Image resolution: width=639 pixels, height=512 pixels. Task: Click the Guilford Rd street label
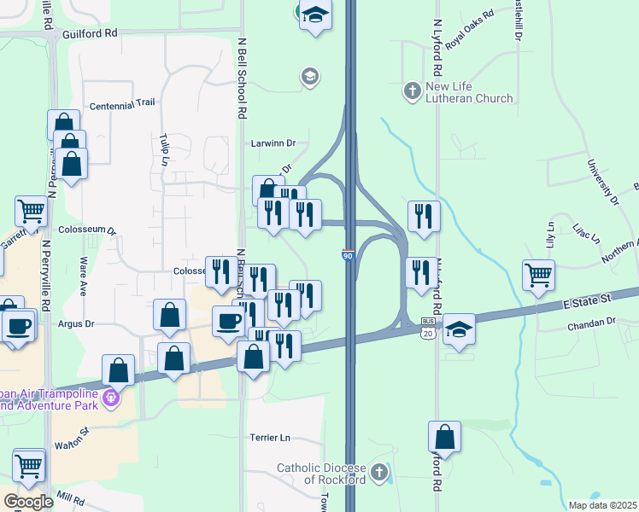(x=89, y=34)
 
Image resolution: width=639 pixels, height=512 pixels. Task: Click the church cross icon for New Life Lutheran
(x=412, y=89)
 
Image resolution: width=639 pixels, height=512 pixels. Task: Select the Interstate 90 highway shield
(x=348, y=254)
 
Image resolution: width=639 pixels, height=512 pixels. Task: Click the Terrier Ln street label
(x=270, y=438)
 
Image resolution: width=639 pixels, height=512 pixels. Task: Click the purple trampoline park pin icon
(x=109, y=398)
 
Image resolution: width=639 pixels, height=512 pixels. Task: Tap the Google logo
(x=28, y=502)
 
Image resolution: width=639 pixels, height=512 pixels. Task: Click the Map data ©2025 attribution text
(x=602, y=505)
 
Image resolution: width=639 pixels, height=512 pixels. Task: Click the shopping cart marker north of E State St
(x=539, y=276)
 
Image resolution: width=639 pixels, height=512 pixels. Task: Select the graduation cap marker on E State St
(x=459, y=329)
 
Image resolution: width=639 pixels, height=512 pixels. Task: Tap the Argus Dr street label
(x=76, y=324)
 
